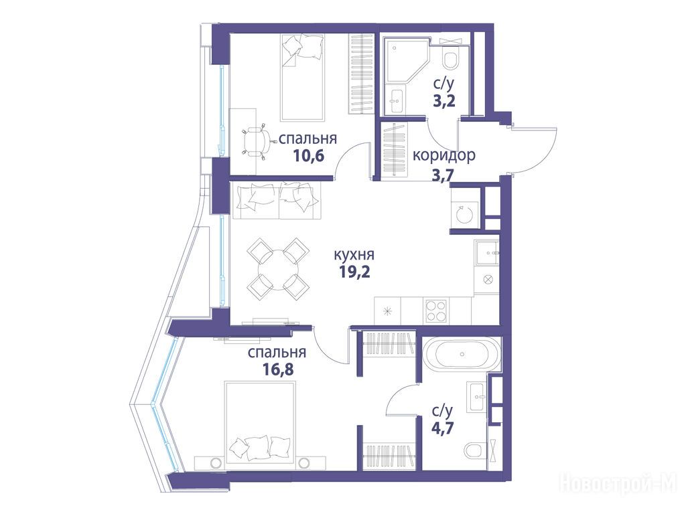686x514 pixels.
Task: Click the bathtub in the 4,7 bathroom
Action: click(462, 354)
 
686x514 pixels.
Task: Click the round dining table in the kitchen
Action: click(278, 269)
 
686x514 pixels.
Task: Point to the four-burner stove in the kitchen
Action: click(435, 311)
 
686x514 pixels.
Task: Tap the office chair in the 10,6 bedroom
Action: click(257, 141)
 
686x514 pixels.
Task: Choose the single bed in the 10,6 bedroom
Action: click(303, 77)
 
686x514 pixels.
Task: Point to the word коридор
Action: click(444, 155)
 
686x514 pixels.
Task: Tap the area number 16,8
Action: click(278, 369)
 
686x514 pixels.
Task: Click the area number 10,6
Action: click(309, 155)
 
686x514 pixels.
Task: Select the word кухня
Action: click(354, 254)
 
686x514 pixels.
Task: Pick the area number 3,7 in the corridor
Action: click(443, 176)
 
